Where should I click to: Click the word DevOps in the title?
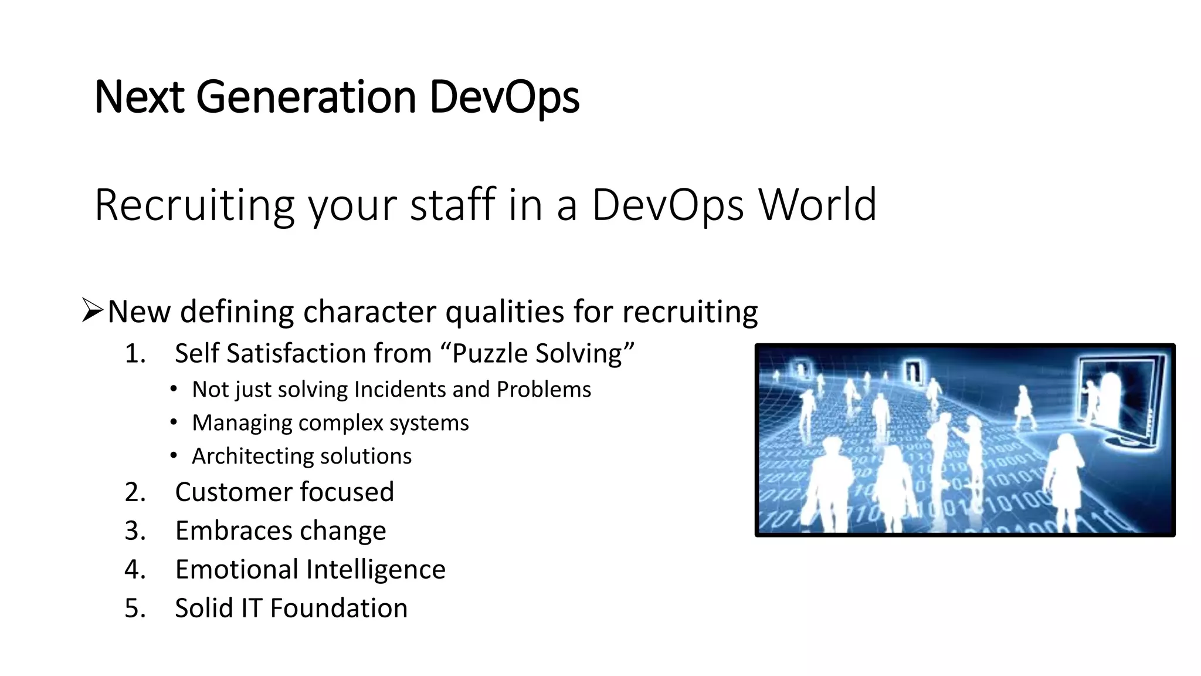tap(504, 97)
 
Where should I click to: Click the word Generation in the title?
tap(306, 97)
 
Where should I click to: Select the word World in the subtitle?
tap(817, 205)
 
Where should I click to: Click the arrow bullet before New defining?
tap(93, 310)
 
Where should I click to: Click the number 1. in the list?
tap(135, 354)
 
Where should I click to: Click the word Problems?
tap(544, 390)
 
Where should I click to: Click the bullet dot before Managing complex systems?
tap(174, 422)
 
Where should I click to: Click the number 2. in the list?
tap(135, 492)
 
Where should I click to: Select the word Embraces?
tap(233, 531)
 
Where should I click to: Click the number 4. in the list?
tap(135, 570)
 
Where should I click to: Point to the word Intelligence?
tap(375, 570)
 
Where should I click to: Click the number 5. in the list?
tap(135, 609)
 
